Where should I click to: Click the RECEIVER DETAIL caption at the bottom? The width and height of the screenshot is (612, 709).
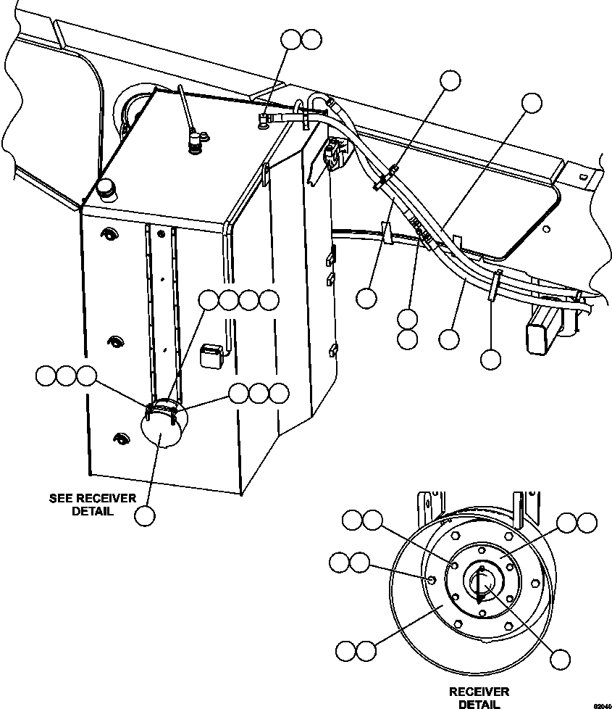tap(479, 697)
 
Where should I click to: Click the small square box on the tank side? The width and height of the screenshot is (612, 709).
tap(210, 353)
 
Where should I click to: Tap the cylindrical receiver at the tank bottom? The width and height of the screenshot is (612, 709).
tap(161, 428)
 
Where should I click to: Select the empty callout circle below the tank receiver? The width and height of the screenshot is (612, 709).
tap(146, 515)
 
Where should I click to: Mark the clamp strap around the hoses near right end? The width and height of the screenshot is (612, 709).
tap(493, 285)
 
